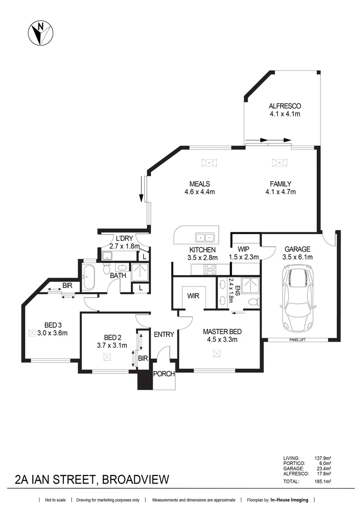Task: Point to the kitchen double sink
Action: tap(206, 237)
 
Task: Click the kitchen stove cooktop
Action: tap(210, 269)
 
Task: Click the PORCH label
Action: tap(164, 374)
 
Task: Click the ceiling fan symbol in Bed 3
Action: tap(33, 333)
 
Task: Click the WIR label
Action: tap(193, 296)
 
